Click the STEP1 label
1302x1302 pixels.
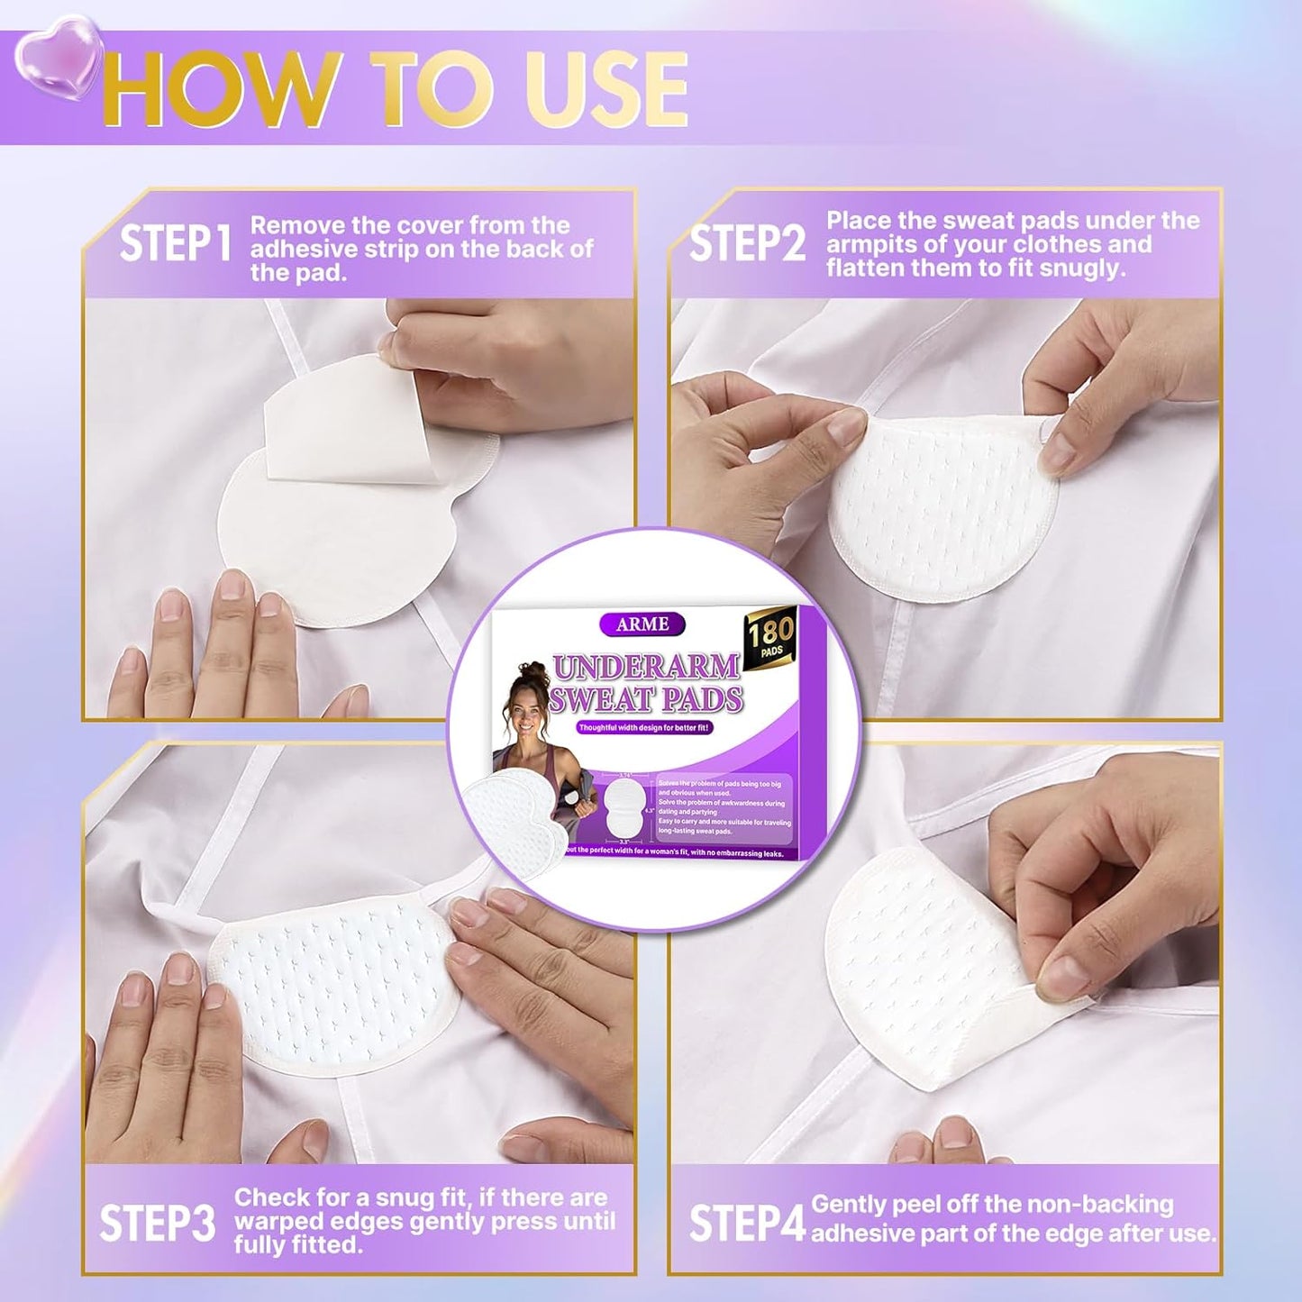[x=177, y=244]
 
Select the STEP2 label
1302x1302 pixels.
[x=747, y=244]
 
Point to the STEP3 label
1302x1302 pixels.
[x=158, y=1223]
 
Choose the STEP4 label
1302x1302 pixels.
[x=747, y=1223]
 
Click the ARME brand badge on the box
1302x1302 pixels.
[x=642, y=624]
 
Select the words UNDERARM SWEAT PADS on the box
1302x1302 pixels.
[x=647, y=682]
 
